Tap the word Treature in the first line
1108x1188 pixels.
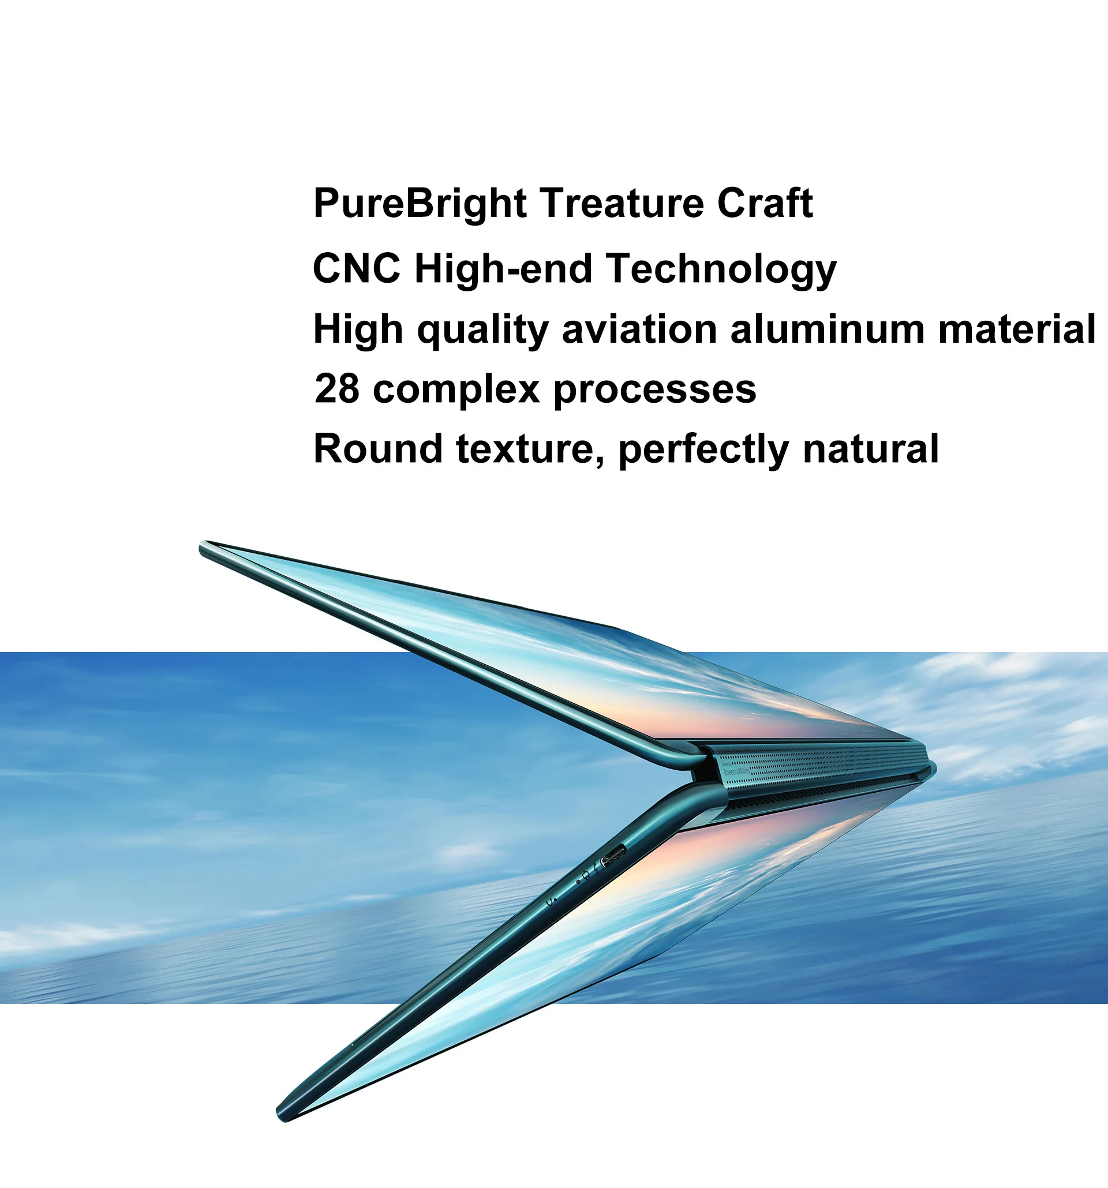622,203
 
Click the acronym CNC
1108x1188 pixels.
357,268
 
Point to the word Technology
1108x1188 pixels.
721,270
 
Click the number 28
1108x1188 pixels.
337,389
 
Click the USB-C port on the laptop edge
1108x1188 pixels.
613,856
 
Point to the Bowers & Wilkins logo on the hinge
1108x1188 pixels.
736,771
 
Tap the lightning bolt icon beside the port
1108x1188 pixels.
595,870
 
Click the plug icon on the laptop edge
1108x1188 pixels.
587,875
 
